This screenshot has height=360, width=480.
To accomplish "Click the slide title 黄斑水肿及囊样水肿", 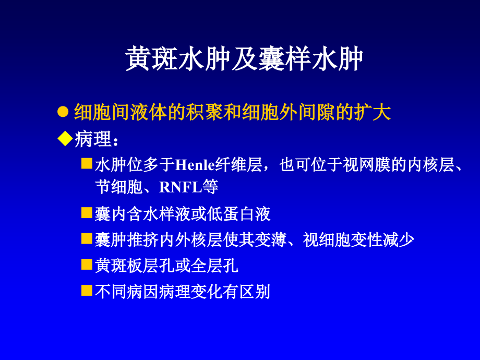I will (x=244, y=59).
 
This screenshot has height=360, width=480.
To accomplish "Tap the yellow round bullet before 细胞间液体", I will (x=63, y=112).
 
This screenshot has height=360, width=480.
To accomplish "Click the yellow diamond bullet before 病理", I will (x=65, y=138).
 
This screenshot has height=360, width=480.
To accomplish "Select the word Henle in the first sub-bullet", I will (x=195, y=165).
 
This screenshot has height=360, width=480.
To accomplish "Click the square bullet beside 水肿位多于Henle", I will (x=87, y=164).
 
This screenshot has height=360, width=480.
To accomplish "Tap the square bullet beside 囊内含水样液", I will (x=87, y=212).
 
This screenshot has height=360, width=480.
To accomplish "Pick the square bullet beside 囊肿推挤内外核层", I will (x=87, y=238).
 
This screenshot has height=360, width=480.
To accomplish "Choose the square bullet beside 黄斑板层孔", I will (x=87, y=265).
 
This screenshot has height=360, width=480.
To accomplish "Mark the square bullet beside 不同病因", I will (x=87, y=290).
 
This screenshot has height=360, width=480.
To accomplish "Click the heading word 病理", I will (x=93, y=139).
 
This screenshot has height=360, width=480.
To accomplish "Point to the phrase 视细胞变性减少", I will (x=358, y=239).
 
